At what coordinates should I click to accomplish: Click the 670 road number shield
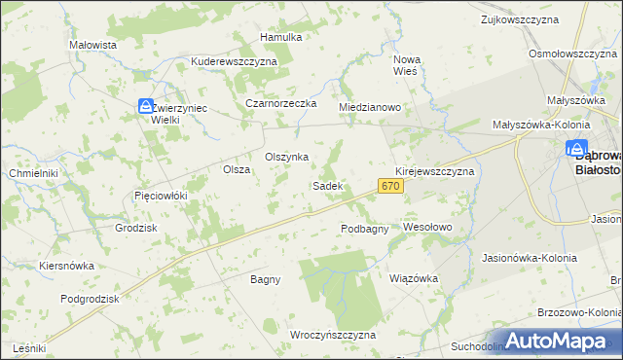(390, 185)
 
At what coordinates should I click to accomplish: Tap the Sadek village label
(326, 185)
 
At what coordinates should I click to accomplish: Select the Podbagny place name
(365, 229)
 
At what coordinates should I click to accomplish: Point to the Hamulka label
(281, 37)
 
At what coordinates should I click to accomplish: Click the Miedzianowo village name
(370, 107)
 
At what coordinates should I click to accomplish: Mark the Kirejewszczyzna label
(434, 170)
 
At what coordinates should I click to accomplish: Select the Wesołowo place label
(428, 227)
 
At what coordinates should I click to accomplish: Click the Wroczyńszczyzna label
(333, 334)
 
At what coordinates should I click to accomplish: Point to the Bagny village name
(265, 279)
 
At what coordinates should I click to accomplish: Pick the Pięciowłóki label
(160, 196)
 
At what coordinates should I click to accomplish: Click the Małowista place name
(93, 45)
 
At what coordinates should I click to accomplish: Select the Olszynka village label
(287, 157)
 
